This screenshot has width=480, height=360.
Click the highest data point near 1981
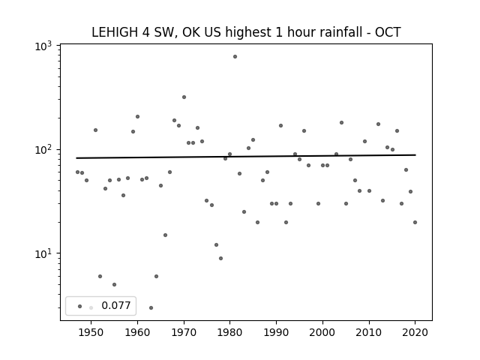click(235, 57)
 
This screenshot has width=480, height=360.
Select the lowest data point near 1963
click(151, 308)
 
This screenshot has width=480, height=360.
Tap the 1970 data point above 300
click(184, 97)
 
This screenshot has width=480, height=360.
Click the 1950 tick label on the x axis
click(91, 333)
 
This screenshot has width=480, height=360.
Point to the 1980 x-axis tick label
click(230, 333)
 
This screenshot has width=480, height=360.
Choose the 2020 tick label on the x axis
click(415, 333)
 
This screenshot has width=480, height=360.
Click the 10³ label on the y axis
click(43, 46)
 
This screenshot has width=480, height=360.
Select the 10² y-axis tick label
click(43, 150)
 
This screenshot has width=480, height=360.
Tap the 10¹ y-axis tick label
click(43, 254)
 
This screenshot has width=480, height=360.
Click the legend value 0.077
click(116, 305)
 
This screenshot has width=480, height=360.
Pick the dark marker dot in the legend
click(80, 307)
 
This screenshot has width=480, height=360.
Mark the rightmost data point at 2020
click(415, 223)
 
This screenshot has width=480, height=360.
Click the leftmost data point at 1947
click(77, 172)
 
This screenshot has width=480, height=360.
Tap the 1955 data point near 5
click(114, 285)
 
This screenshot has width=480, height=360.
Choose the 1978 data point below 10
click(220, 258)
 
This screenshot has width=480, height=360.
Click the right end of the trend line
click(415, 155)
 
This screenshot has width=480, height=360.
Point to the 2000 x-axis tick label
click(322, 333)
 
